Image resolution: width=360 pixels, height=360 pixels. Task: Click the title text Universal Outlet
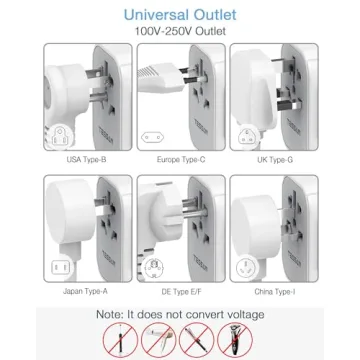point(180,14)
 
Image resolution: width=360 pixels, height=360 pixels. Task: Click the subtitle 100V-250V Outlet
point(180,33)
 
